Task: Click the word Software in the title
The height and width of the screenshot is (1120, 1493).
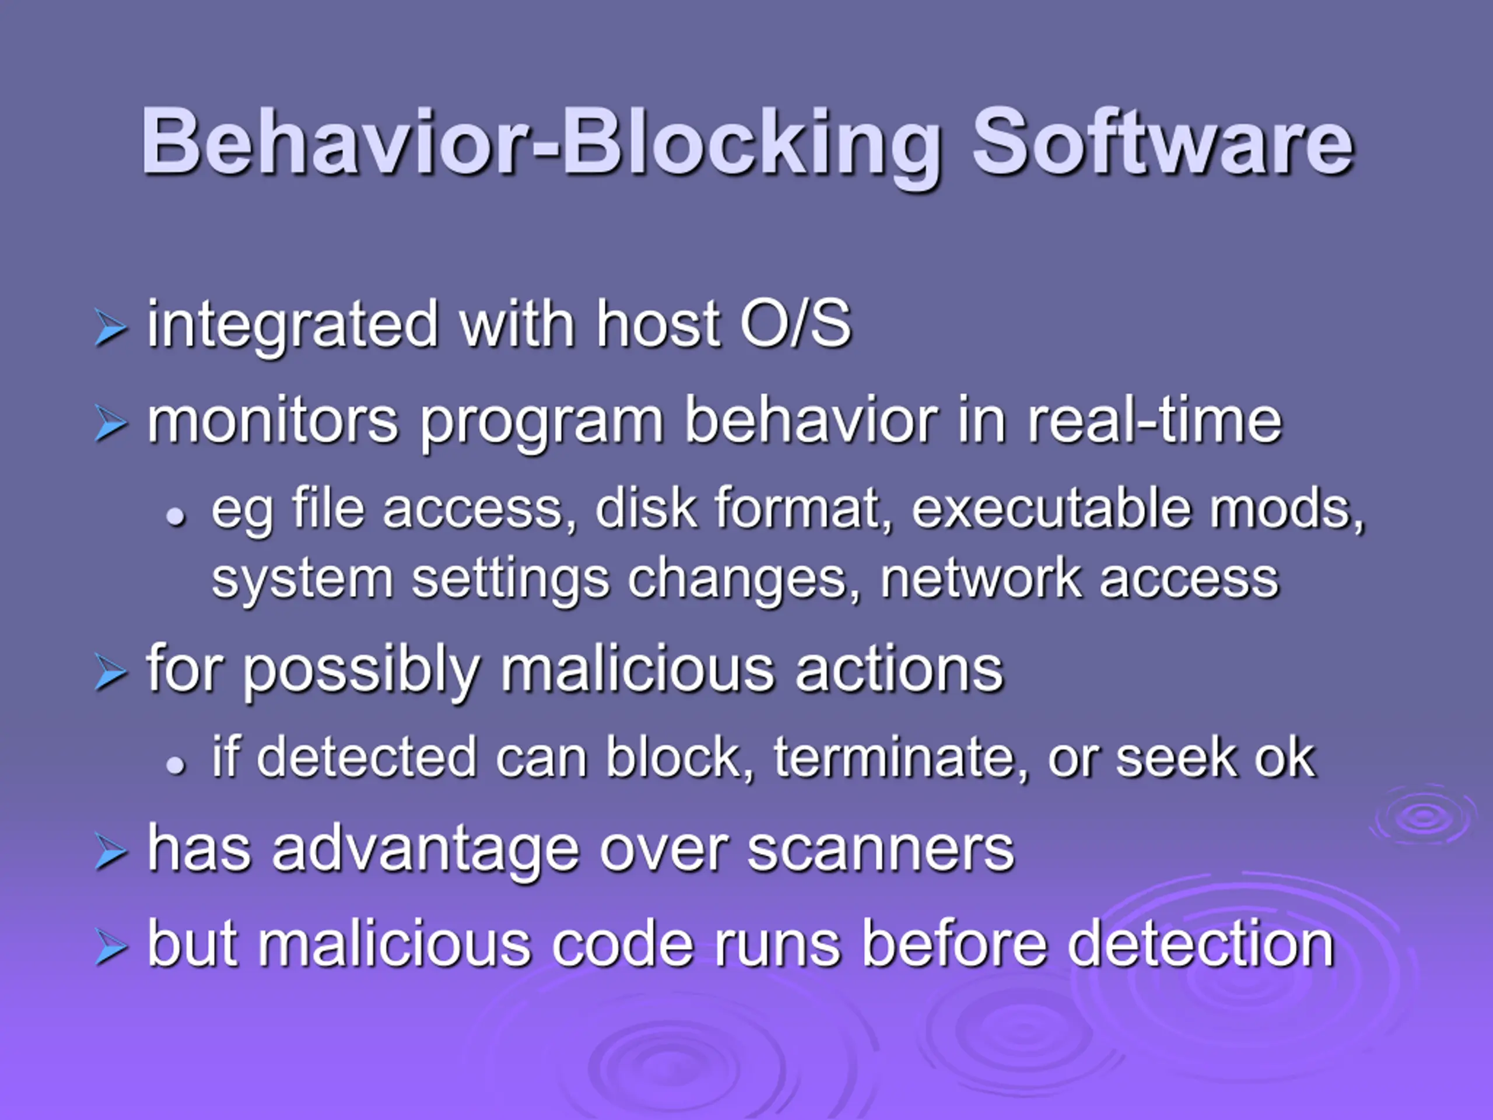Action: [1162, 143]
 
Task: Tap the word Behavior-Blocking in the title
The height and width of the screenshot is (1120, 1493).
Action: [541, 146]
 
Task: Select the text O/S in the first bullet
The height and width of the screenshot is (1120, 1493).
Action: [795, 325]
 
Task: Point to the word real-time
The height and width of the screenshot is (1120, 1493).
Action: [1154, 422]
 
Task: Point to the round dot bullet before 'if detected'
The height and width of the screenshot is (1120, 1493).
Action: [176, 765]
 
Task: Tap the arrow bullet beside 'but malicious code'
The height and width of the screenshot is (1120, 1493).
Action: [111, 947]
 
